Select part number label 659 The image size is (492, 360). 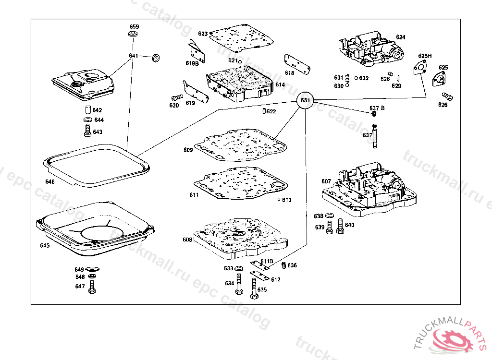(x=134, y=27)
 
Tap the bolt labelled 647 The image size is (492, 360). (x=92, y=287)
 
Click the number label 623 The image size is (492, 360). (x=202, y=34)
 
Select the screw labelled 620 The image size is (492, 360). (x=175, y=97)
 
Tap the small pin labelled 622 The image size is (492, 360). (x=264, y=111)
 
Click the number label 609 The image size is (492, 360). (x=188, y=150)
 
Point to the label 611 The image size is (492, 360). (x=194, y=195)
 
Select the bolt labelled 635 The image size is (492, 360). (x=253, y=290)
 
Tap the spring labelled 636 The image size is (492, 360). (x=283, y=265)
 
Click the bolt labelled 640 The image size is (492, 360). (x=340, y=226)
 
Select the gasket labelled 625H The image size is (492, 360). (x=421, y=68)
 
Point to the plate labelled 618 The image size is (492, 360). (x=297, y=64)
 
